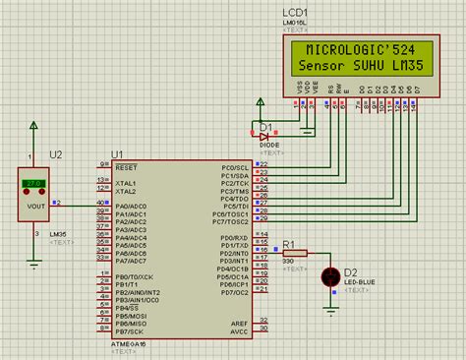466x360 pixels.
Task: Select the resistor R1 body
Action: point(296,253)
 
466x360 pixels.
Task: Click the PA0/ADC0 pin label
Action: point(133,205)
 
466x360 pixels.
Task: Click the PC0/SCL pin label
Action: point(234,166)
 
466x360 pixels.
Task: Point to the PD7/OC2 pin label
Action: point(234,293)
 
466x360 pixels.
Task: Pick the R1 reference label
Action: point(288,242)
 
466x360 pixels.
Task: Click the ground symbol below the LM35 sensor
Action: point(34,263)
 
